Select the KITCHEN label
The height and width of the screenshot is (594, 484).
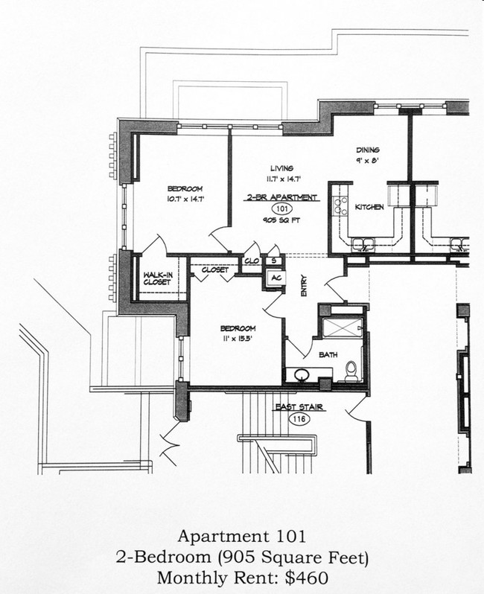point(369,207)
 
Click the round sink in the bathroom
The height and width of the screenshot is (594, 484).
point(304,374)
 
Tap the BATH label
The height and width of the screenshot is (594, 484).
point(328,355)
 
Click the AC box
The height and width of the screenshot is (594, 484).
point(275,277)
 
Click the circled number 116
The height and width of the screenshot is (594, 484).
point(300,420)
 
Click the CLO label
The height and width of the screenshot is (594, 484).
point(252,261)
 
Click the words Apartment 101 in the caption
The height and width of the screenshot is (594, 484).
point(241,536)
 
